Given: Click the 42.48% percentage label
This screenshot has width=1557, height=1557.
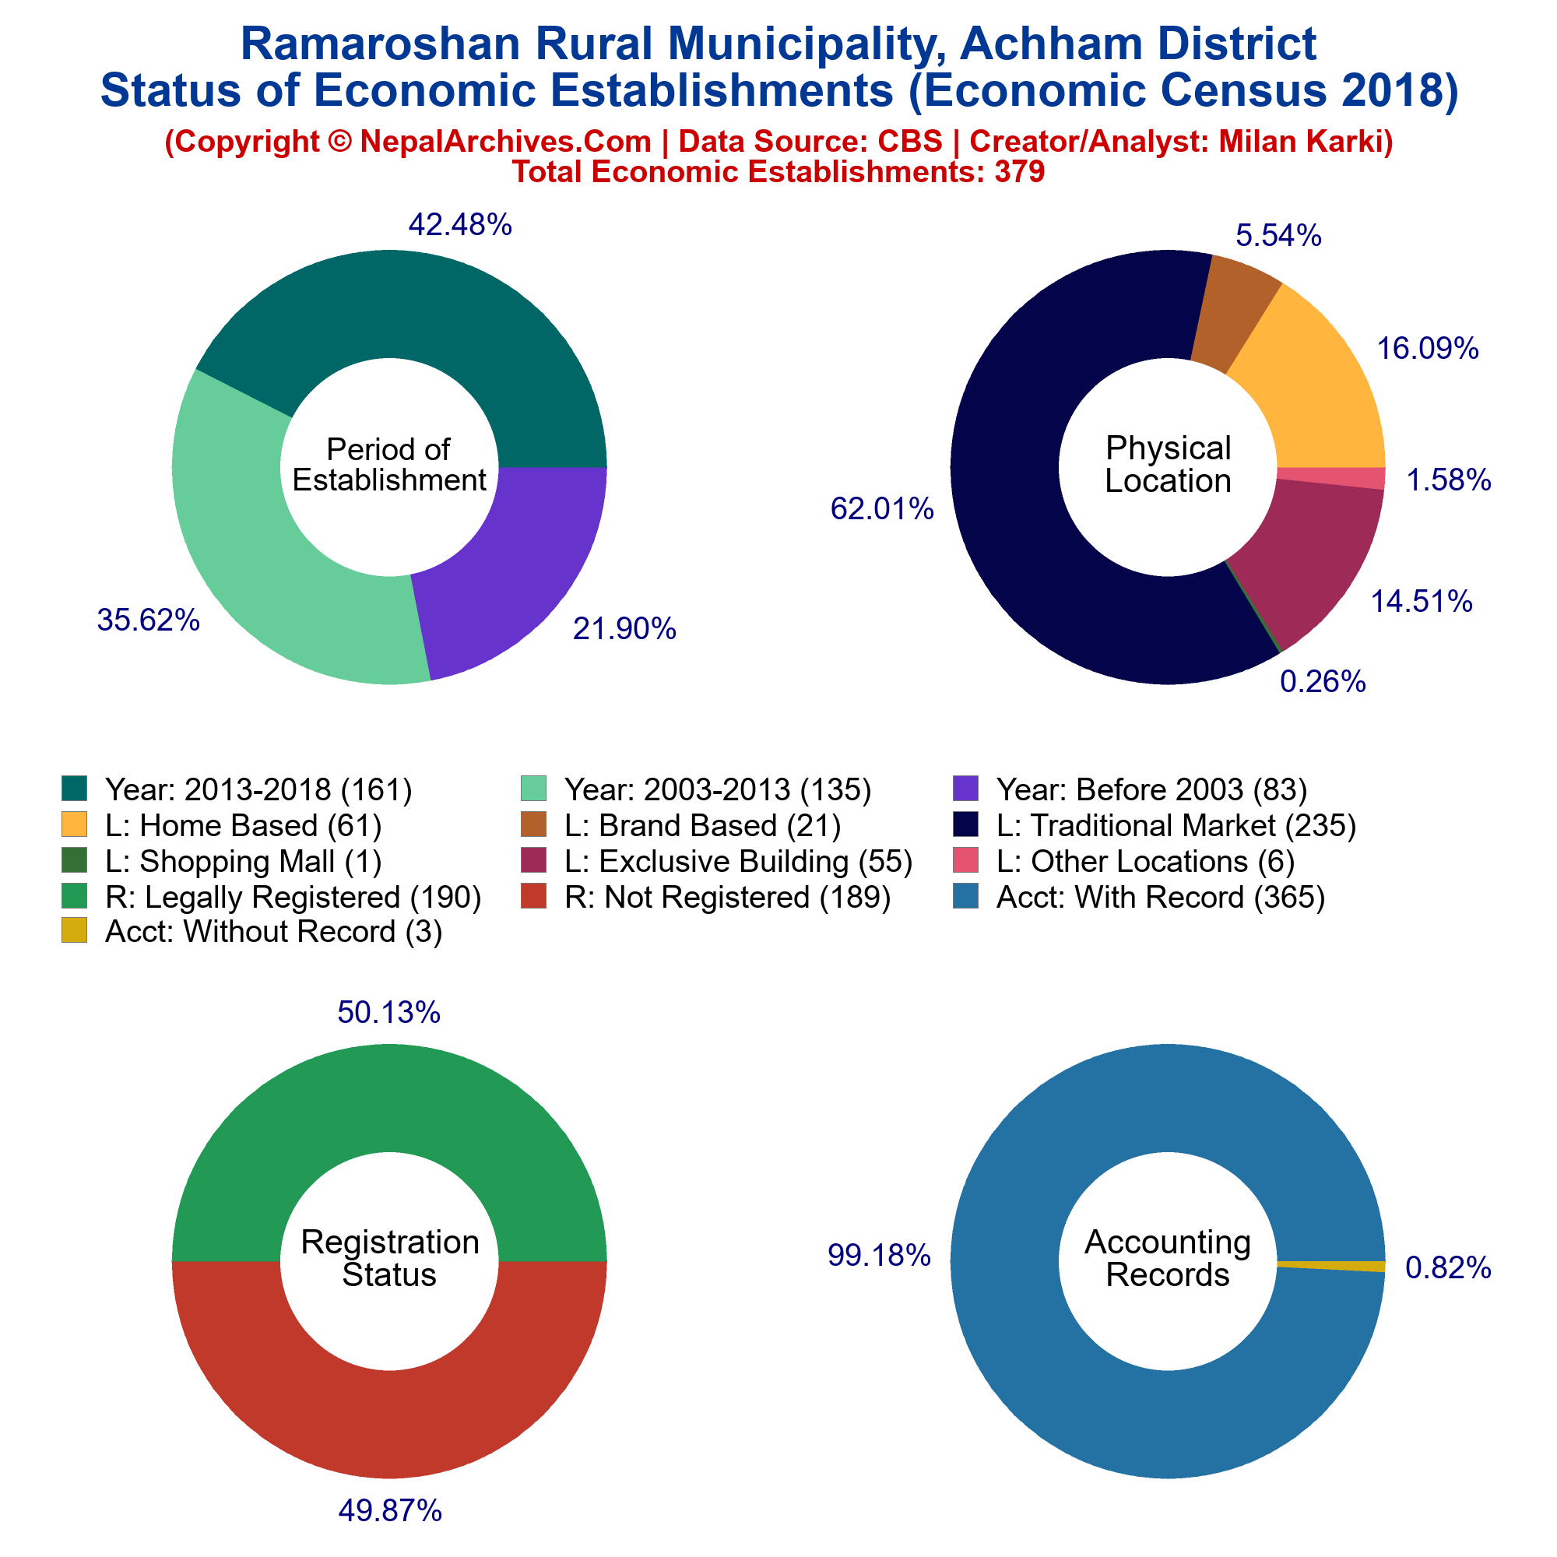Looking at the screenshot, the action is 460,225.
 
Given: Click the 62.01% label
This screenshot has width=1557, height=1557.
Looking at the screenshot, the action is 883,508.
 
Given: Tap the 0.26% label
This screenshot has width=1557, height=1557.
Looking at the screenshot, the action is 1323,683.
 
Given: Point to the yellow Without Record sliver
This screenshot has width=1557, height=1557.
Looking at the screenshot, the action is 1331,1266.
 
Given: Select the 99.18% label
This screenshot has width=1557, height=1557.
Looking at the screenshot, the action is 879,1255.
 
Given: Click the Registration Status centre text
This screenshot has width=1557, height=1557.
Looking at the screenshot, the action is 390,1258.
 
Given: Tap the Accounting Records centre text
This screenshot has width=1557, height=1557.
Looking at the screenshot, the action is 1169,1258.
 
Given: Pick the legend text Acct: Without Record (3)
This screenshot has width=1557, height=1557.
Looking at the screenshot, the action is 274,932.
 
